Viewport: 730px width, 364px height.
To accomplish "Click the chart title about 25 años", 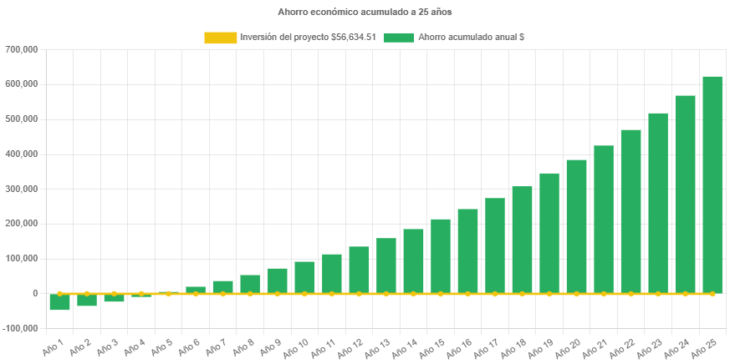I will (x=365, y=13).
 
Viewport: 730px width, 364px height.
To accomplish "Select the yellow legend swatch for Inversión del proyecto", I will (x=220, y=38).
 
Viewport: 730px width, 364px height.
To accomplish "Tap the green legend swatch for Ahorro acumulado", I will (x=399, y=38).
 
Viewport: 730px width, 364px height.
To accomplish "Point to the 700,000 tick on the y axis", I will (x=22, y=49).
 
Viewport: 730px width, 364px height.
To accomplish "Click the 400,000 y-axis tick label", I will (x=22, y=154).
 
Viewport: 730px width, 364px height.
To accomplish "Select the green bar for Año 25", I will (x=712, y=184).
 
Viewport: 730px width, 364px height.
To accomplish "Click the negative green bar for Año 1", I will (x=59, y=302).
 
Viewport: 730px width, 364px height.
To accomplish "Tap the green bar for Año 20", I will (x=576, y=225).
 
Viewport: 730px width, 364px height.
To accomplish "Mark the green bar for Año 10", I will (x=304, y=277).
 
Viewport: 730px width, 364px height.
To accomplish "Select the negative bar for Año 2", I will (x=87, y=301).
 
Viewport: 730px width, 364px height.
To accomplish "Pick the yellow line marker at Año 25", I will (x=712, y=294).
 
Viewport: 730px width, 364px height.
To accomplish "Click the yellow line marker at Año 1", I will (x=59, y=294).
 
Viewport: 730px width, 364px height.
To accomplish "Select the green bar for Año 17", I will (x=495, y=245).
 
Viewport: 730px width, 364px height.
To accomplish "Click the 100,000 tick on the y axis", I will (x=22, y=259).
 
